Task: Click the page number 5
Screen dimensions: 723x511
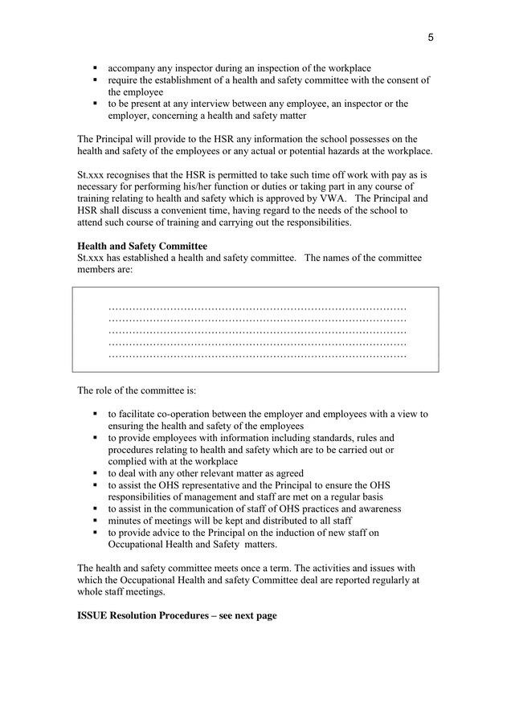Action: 431,37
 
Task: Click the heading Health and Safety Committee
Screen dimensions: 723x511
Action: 141,246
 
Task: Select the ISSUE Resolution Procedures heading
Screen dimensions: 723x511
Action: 177,615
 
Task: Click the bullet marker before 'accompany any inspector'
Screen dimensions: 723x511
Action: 96,68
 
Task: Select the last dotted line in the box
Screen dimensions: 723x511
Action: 257,355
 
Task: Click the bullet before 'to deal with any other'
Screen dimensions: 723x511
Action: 96,474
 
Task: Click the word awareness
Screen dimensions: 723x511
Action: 378,509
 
